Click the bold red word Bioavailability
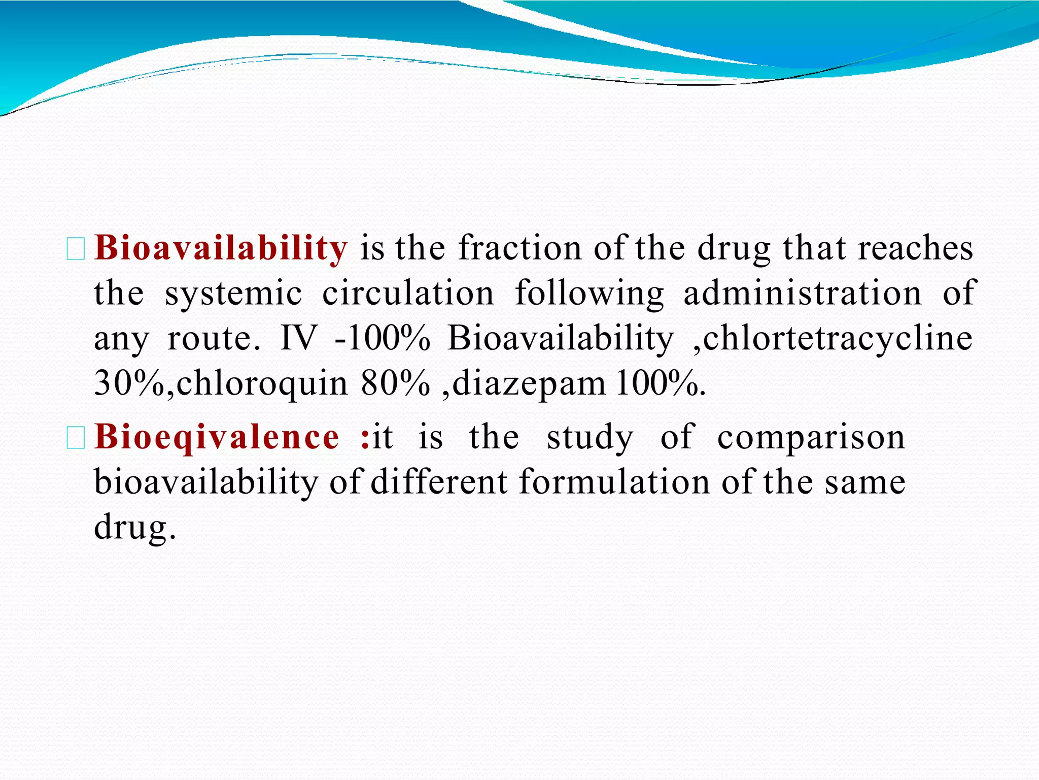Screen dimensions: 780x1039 [221, 248]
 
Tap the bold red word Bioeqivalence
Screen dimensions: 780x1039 [217, 437]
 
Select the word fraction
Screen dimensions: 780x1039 [519, 248]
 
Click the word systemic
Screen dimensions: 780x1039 [233, 294]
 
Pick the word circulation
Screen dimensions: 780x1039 [408, 293]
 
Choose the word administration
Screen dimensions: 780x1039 [803, 293]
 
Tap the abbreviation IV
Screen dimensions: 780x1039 [298, 338]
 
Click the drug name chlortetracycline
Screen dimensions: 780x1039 [838, 339]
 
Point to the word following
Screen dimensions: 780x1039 [589, 294]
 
